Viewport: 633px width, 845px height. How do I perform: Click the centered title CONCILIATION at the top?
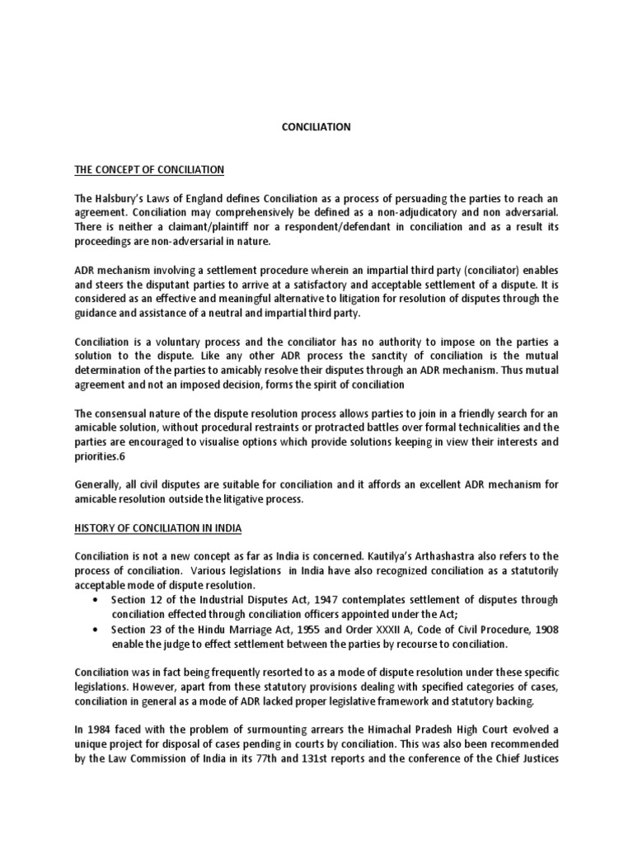(316, 127)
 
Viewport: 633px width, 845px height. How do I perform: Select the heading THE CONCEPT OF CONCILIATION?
(149, 170)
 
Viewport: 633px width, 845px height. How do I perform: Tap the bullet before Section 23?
(100, 629)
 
